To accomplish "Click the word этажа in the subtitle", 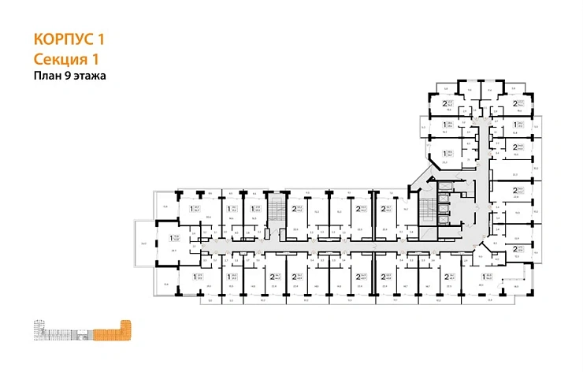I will point(91,76).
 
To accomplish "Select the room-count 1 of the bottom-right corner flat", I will point(484,276).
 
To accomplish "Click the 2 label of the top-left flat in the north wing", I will point(445,102).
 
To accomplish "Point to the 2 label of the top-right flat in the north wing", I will point(515,102).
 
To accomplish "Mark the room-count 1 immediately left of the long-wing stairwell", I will point(251,209).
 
